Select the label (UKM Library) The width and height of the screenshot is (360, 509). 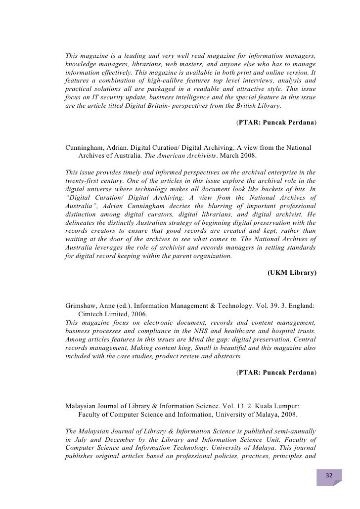292,272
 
